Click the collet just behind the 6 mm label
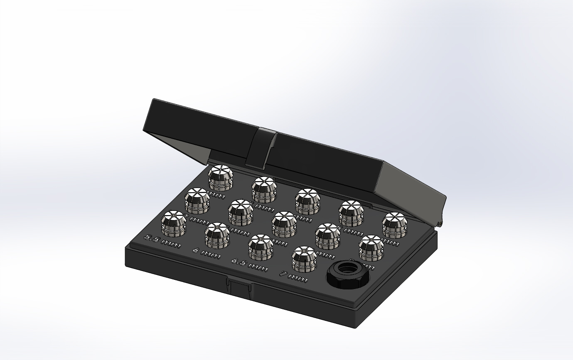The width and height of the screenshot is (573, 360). point(217,235)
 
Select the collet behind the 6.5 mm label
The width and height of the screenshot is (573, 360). point(261,246)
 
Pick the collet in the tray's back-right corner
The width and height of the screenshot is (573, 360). point(395,225)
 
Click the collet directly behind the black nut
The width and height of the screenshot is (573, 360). point(371,247)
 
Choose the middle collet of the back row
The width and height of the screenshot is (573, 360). point(307,201)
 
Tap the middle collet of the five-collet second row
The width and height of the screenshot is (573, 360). point(284,223)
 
